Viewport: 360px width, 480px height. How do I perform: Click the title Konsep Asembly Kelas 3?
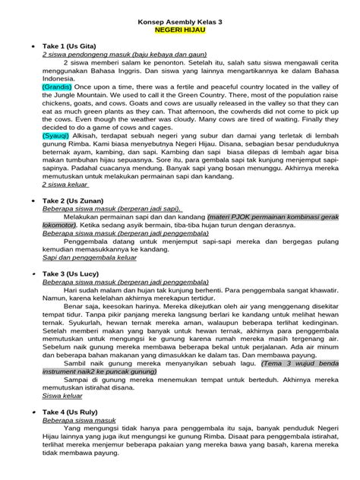point(180,24)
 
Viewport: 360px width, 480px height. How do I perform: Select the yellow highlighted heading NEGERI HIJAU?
point(180,33)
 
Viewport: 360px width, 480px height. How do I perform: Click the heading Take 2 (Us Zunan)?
point(74,200)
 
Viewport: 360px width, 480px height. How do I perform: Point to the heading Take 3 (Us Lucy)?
point(71,271)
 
